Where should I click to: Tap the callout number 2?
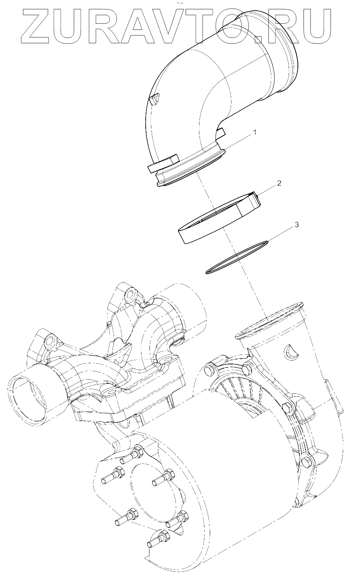pyautogui.click(x=279, y=183)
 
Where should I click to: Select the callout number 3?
pyautogui.click(x=296, y=225)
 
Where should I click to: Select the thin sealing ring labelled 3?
pyautogui.click(x=236, y=257)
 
